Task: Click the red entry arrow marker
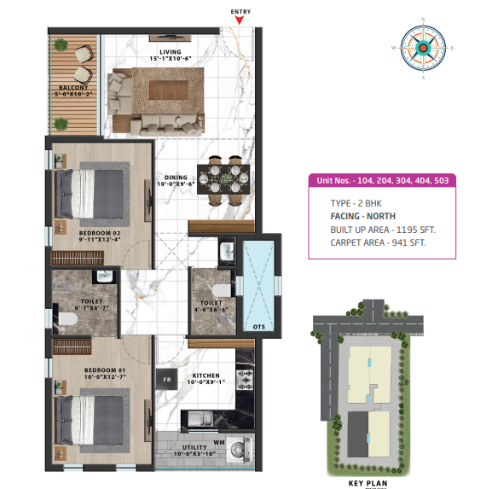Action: (240, 20)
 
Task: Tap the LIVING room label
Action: (171, 52)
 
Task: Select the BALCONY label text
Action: (73, 88)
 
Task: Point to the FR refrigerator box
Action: (166, 380)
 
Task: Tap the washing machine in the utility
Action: (239, 450)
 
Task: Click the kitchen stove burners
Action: (245, 380)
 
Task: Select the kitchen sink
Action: (200, 419)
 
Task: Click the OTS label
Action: (259, 327)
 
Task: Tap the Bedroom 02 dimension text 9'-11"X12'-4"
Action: (100, 240)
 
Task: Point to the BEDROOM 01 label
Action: (105, 370)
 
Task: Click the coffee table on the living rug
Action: (169, 90)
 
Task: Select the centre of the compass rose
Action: (423, 48)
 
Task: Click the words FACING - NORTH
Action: (363, 217)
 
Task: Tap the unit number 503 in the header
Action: (442, 181)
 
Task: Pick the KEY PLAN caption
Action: (368, 483)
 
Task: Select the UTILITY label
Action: (195, 447)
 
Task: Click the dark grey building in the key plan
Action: (358, 434)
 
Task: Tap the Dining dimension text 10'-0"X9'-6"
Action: (176, 184)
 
